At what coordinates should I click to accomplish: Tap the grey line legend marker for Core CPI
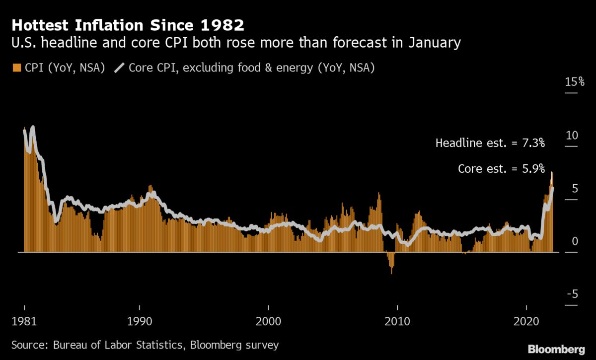[x=120, y=68]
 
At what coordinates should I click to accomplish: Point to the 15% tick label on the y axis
[x=575, y=82]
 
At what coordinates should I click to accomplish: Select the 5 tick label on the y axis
[x=575, y=189]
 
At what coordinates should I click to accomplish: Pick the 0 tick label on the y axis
[x=575, y=242]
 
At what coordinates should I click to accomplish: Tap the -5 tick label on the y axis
[x=573, y=295]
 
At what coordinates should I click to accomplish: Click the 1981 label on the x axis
[x=24, y=320]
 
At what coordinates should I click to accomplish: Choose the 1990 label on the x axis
[x=140, y=320]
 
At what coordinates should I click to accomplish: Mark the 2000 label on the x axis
[x=268, y=320]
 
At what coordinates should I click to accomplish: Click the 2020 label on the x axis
[x=526, y=320]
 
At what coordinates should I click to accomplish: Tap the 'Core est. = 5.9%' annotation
[x=501, y=169]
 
